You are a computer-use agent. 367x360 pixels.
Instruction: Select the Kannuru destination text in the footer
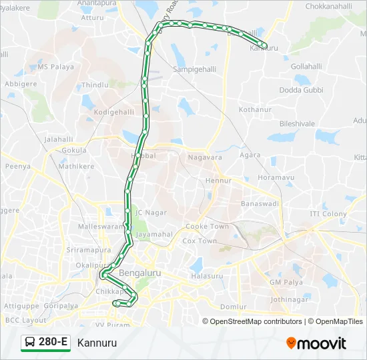tap(97, 343)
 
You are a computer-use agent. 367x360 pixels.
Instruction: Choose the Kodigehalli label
tap(114, 112)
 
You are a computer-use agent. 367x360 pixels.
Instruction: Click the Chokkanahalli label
tap(328, 6)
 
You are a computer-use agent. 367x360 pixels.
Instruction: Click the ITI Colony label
tap(328, 214)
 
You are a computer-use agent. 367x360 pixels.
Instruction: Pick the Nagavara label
tap(205, 157)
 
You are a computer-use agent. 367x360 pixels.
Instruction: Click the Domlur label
tap(234, 307)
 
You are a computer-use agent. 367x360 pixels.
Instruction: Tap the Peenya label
tap(19, 167)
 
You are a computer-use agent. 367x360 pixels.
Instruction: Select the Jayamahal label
tap(153, 235)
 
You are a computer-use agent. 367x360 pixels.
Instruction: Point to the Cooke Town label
tap(207, 227)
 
